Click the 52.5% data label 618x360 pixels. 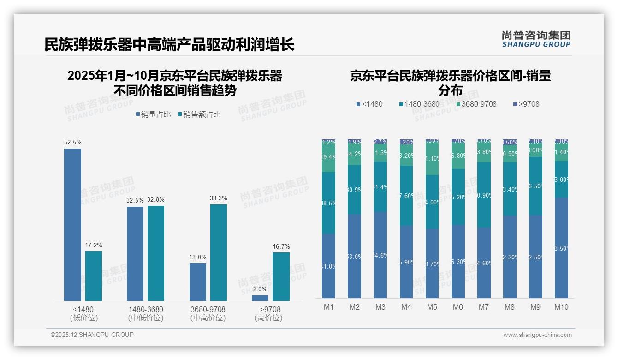click(72, 143)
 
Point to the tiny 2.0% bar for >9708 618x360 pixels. click(260, 298)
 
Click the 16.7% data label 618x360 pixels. click(281, 246)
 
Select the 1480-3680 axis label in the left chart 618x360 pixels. click(146, 309)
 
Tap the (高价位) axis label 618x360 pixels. click(268, 318)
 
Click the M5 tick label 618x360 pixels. click(432, 307)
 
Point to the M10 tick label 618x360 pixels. click(561, 307)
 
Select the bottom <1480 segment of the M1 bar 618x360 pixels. click(328, 266)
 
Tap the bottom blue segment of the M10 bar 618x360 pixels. click(561, 248)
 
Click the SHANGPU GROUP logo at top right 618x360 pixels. click(536, 39)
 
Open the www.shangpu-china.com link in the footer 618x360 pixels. click(537, 335)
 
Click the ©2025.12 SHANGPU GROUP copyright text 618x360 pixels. click(92, 335)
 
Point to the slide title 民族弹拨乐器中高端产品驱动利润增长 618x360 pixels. click(169, 45)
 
